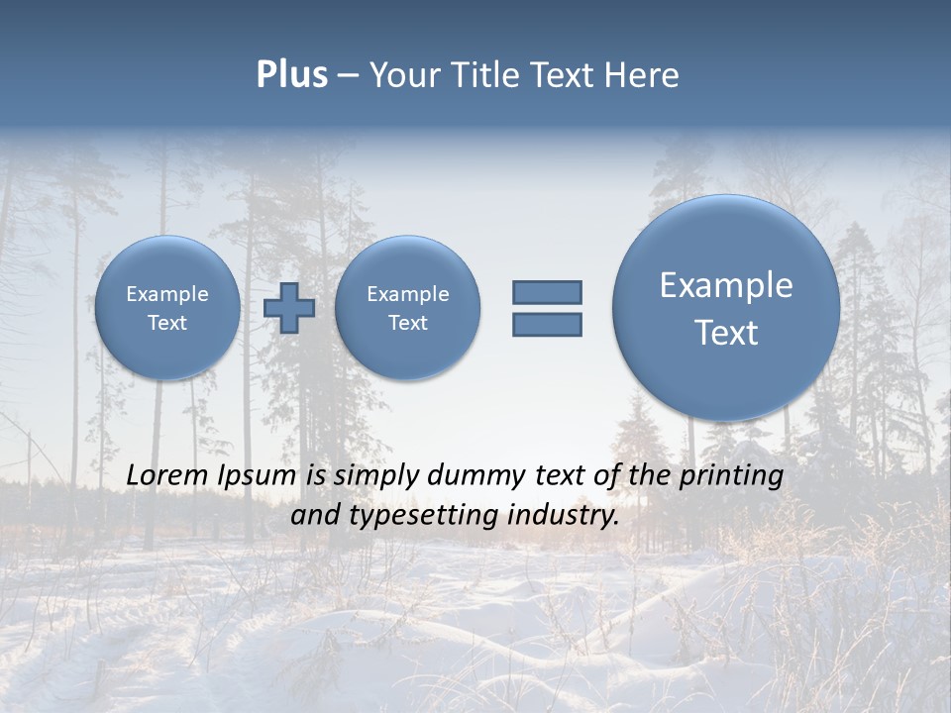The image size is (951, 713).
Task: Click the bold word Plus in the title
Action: pyautogui.click(x=291, y=75)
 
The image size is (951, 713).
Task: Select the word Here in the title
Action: pyautogui.click(x=642, y=75)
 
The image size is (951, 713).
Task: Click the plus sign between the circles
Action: pyautogui.click(x=289, y=307)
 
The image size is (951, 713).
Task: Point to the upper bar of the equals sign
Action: pyautogui.click(x=547, y=292)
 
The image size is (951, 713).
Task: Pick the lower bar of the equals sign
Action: pyautogui.click(x=547, y=324)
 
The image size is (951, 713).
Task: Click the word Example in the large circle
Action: pyautogui.click(x=726, y=285)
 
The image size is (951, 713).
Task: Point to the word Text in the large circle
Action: pyautogui.click(x=726, y=333)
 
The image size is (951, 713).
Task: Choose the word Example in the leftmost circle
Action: pyautogui.click(x=167, y=294)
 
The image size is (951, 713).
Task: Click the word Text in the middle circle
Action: pyautogui.click(x=407, y=323)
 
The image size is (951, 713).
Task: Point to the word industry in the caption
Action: pyautogui.click(x=564, y=516)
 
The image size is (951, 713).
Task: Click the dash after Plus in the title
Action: pyautogui.click(x=348, y=75)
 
